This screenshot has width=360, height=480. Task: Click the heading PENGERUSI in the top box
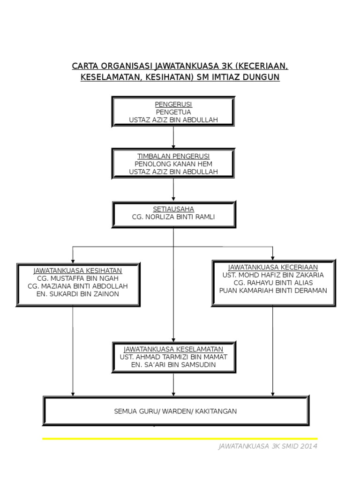click(x=173, y=104)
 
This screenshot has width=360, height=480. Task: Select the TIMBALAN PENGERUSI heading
click(x=173, y=156)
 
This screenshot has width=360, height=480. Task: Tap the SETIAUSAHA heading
click(x=173, y=209)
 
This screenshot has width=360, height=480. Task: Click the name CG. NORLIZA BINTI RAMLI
click(x=173, y=217)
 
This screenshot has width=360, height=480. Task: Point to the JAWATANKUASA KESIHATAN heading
click(x=78, y=270)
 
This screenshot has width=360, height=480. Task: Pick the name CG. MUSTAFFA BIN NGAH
click(x=78, y=278)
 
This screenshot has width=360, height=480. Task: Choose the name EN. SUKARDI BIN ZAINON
click(x=78, y=294)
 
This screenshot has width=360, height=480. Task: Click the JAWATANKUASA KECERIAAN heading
click(x=273, y=267)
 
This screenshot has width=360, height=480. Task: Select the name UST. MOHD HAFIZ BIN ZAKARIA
click(x=273, y=275)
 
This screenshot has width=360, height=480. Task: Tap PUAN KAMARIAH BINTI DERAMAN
click(x=273, y=291)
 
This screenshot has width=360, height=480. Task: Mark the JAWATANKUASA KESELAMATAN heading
click(x=173, y=349)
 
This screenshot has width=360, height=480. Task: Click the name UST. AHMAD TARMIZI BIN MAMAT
click(x=173, y=357)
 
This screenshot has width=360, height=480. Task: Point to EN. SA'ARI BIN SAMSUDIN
click(x=173, y=365)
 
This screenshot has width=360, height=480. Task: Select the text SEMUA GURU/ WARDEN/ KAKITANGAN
click(x=175, y=411)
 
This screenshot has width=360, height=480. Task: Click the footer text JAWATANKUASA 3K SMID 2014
click(x=268, y=446)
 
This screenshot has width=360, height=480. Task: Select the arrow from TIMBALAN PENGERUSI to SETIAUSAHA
click(x=173, y=189)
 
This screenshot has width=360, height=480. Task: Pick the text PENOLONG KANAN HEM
click(x=173, y=164)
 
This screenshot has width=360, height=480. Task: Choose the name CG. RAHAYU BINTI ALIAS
click(x=273, y=283)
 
